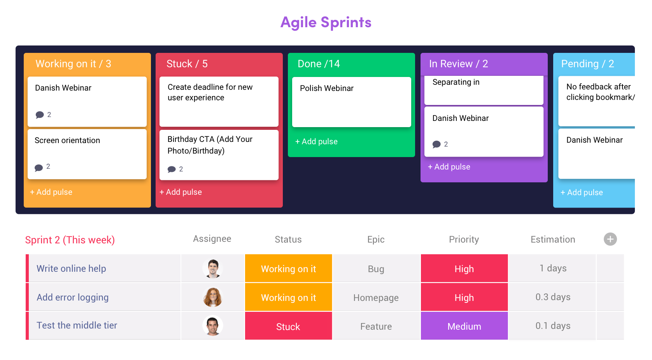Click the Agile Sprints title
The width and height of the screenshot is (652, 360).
click(326, 23)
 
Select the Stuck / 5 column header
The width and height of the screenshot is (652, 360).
click(187, 64)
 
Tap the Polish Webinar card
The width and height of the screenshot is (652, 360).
click(351, 102)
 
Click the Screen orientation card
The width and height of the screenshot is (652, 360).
click(87, 154)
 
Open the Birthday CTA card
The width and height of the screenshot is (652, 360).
click(219, 155)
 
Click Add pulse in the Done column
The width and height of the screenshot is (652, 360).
click(316, 142)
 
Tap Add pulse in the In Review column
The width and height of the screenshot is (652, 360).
click(449, 167)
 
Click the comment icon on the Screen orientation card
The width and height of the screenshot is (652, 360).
click(39, 168)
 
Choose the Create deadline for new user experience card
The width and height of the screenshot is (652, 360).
click(219, 101)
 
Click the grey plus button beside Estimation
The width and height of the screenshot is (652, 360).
click(610, 239)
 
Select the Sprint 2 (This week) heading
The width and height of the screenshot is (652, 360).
click(70, 240)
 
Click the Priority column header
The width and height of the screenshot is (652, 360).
click(464, 239)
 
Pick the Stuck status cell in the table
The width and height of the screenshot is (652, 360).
click(288, 326)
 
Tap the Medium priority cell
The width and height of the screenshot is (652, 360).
click(464, 326)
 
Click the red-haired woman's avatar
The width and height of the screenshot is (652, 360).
click(213, 297)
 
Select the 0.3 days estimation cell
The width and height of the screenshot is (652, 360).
click(553, 297)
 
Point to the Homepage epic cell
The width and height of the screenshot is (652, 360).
click(376, 297)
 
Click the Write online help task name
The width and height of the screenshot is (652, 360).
click(71, 268)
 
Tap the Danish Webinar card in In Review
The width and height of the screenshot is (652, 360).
click(484, 132)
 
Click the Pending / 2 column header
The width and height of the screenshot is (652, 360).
click(587, 64)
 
